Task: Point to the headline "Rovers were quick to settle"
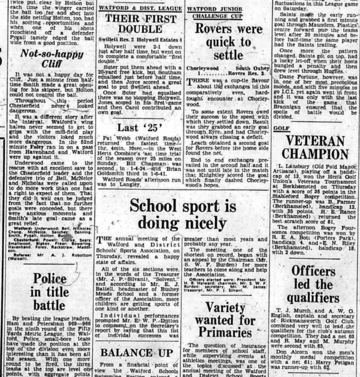pos(229,43)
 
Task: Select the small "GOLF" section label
pos(281,128)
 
